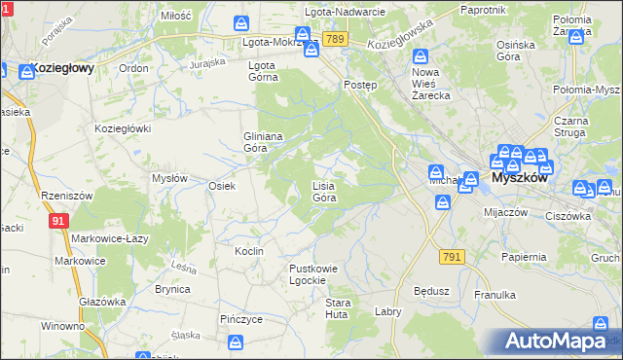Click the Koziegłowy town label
tap(61, 68)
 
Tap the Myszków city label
tap(520, 179)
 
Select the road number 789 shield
tap(336, 39)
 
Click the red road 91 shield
tap(58, 222)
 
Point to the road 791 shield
tap(451, 256)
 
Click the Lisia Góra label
tap(324, 191)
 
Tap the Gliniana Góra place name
tap(262, 142)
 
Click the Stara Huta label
tap(337, 308)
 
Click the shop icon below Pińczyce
tap(235, 342)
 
